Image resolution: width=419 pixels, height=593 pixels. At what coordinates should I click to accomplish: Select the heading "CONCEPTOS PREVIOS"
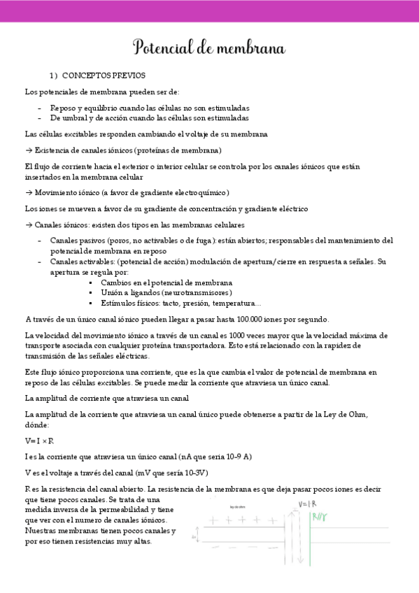(104, 76)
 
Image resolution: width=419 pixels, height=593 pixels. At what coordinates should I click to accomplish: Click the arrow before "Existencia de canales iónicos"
(29, 150)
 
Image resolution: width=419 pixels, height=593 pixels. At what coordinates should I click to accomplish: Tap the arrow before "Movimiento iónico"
(29, 192)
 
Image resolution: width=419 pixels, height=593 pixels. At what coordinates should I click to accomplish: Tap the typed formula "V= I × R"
(40, 441)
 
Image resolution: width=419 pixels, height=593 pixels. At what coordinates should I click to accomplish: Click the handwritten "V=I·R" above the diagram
(308, 504)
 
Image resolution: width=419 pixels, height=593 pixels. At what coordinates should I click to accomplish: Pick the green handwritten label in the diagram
(320, 518)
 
